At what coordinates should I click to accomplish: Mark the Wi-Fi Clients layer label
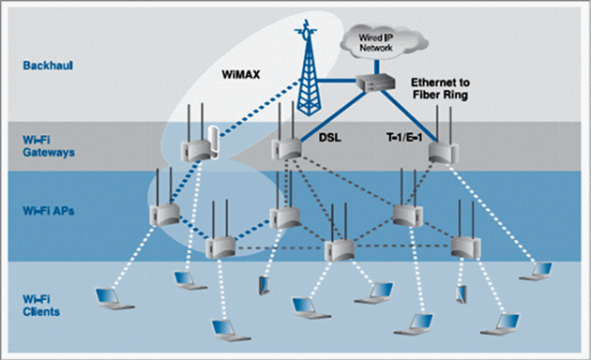tap(43, 304)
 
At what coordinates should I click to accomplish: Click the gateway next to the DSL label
tap(285, 146)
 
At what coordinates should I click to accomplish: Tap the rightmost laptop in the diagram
tap(542, 272)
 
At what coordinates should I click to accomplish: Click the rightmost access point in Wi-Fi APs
tap(463, 245)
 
